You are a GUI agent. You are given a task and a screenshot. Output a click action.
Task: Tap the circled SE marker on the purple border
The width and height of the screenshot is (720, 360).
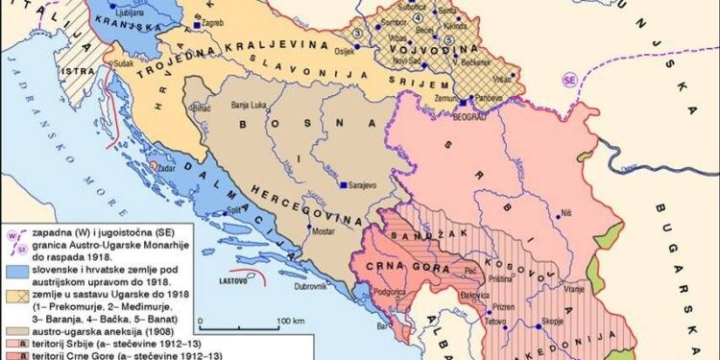[x=569, y=77]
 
